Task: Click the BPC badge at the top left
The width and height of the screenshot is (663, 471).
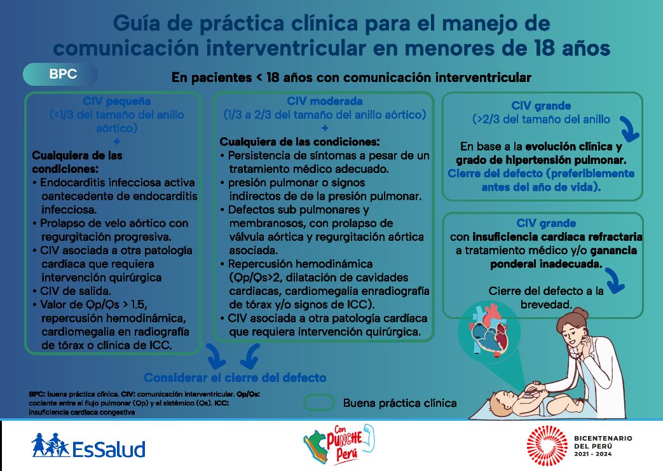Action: click(x=60, y=74)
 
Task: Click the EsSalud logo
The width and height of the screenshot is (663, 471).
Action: click(x=88, y=446)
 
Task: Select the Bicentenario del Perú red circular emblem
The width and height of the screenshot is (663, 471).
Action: click(x=547, y=446)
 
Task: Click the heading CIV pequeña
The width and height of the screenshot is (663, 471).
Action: click(x=117, y=101)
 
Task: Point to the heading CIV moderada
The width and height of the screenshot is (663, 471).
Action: click(x=324, y=101)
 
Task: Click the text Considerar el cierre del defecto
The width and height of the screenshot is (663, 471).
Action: click(x=235, y=378)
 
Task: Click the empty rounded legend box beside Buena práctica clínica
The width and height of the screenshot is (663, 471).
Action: click(x=319, y=403)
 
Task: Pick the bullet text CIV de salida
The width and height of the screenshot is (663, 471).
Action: click(x=75, y=291)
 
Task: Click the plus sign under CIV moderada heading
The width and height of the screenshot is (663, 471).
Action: click(x=325, y=128)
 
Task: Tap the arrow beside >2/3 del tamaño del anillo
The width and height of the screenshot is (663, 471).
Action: click(x=629, y=129)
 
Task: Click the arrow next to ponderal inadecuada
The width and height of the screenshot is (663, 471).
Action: click(x=615, y=280)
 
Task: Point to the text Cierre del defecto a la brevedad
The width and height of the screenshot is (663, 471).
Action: click(x=546, y=297)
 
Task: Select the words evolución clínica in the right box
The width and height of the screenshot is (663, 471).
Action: click(x=569, y=147)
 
